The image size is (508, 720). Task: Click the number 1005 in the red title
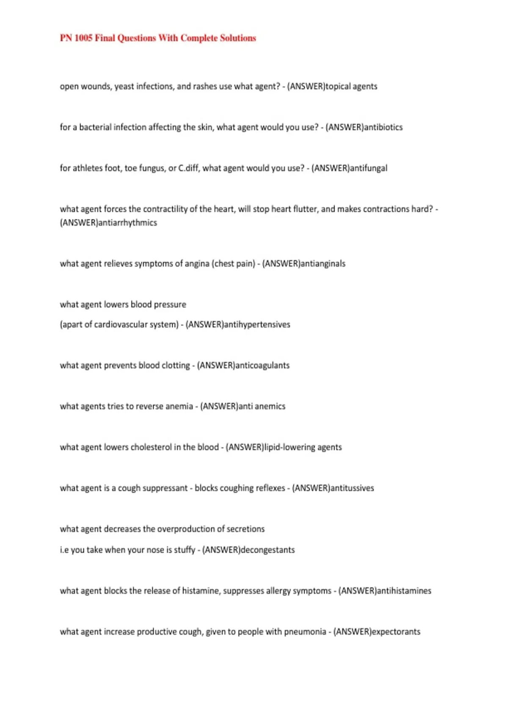pyautogui.click(x=83, y=38)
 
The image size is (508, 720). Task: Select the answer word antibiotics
pyautogui.click(x=384, y=127)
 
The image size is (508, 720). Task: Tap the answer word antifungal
pyautogui.click(x=369, y=168)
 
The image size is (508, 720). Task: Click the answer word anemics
pyautogui.click(x=270, y=406)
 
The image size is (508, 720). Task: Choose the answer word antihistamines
pyautogui.click(x=404, y=591)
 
